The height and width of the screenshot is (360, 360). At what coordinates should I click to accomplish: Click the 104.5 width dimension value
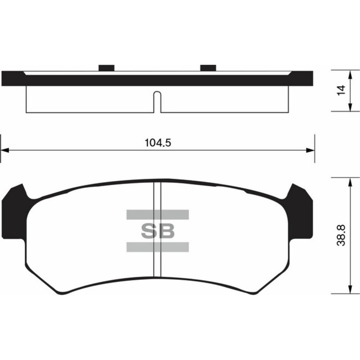[158, 142]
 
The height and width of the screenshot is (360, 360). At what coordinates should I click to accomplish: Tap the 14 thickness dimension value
[340, 90]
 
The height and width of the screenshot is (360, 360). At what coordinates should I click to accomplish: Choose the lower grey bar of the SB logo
[157, 247]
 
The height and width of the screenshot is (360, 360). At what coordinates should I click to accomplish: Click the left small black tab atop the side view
[106, 68]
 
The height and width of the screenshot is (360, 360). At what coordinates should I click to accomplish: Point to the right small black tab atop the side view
[208, 68]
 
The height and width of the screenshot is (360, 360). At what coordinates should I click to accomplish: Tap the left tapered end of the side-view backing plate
[13, 79]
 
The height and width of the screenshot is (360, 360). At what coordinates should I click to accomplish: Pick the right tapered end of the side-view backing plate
[302, 79]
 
